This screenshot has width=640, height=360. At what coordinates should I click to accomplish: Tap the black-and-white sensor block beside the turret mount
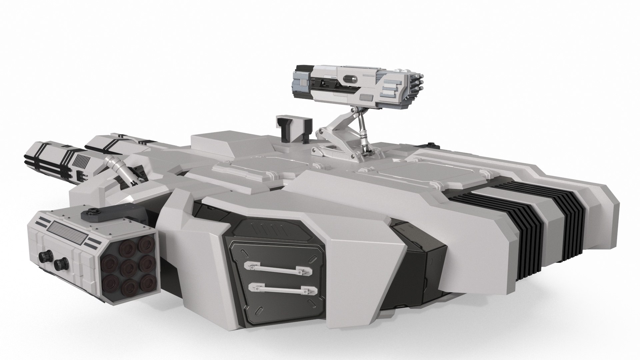click(x=289, y=129)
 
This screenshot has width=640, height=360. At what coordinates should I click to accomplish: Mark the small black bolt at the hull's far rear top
click(x=432, y=145)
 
